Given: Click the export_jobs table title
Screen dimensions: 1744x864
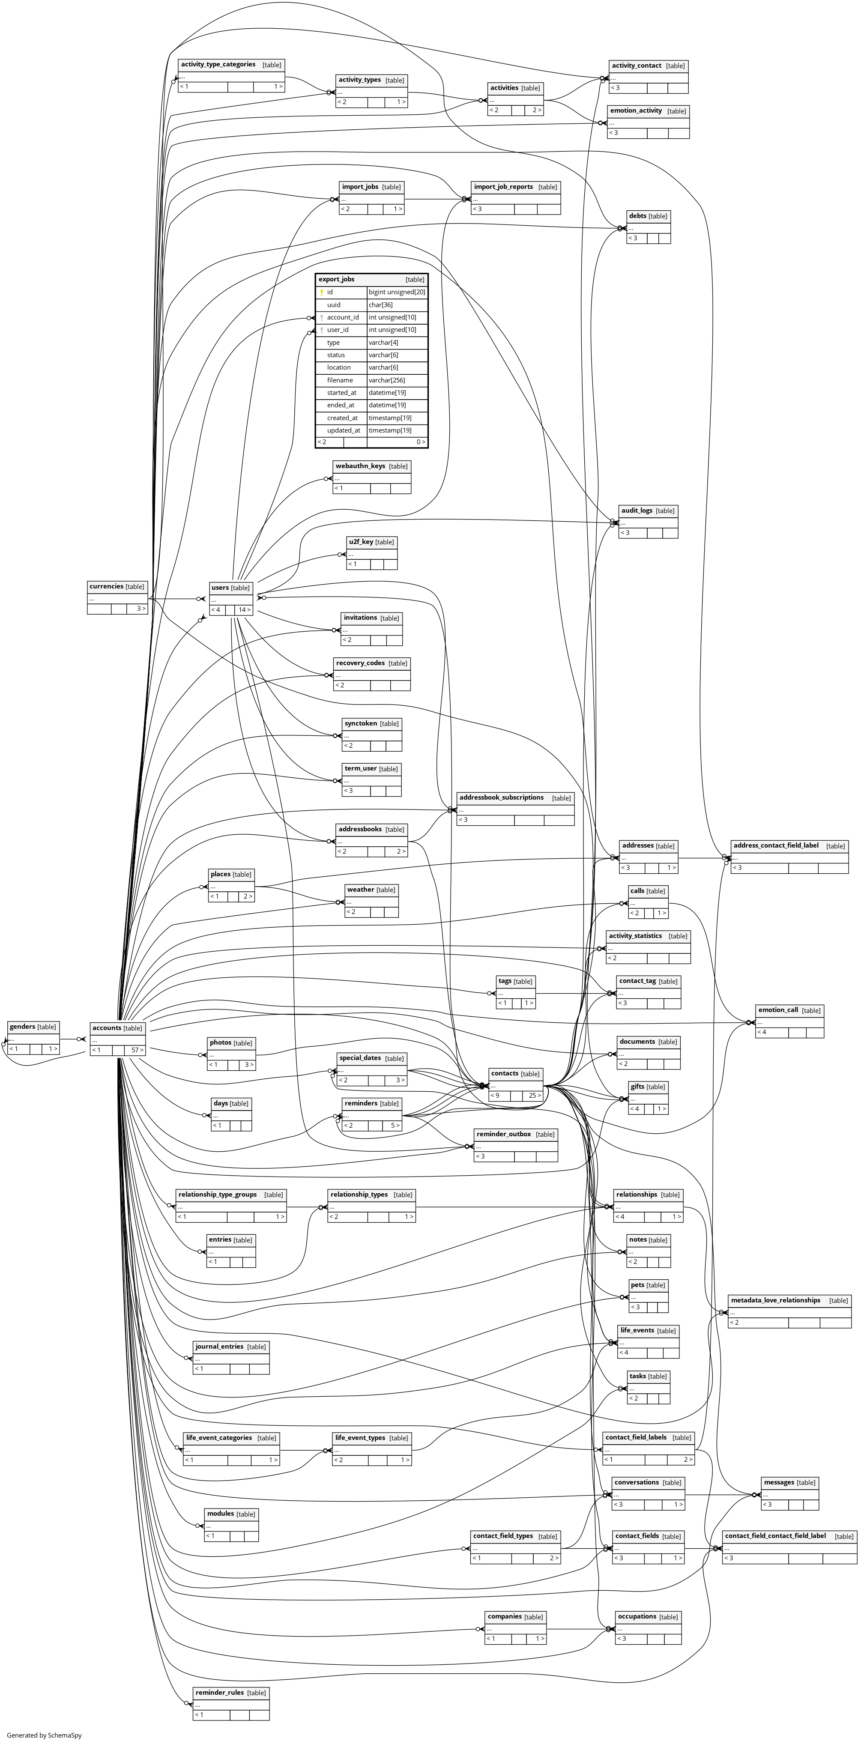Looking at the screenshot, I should pyautogui.click(x=337, y=279).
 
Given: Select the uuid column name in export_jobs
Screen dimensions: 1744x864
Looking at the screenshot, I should pyautogui.click(x=334, y=305).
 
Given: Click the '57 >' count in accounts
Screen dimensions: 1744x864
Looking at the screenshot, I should pyautogui.click(x=137, y=1050).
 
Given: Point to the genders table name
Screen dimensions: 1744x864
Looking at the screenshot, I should pyautogui.click(x=22, y=1026).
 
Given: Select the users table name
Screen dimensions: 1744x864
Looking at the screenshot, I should pyautogui.click(x=220, y=588).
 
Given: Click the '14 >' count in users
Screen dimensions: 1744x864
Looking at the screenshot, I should pyautogui.click(x=244, y=610).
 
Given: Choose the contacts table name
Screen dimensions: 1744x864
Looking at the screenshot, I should pyautogui.click(x=505, y=1073).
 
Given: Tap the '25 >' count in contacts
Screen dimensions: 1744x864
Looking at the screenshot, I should pyautogui.click(x=534, y=1096).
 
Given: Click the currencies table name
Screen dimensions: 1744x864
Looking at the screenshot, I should pyautogui.click(x=106, y=586).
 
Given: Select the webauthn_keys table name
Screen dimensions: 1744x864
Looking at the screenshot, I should pyautogui.click(x=360, y=466).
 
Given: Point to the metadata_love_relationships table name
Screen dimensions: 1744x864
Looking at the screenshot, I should pyautogui.click(x=775, y=1300).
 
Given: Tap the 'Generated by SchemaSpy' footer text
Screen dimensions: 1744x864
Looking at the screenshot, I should pyautogui.click(x=44, y=1735).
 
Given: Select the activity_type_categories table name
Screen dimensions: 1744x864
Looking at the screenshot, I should pyautogui.click(x=218, y=64).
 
